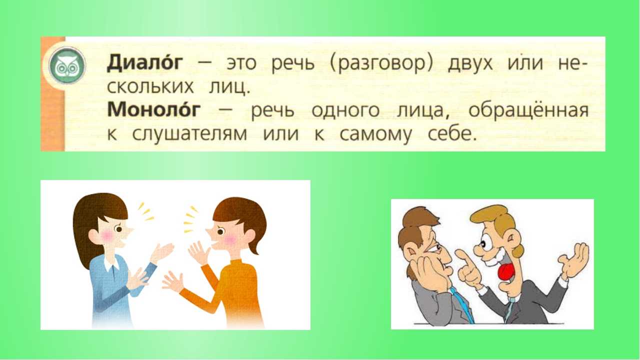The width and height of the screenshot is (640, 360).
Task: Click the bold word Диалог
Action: [x=144, y=62]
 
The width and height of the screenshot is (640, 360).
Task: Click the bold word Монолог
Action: [x=153, y=109]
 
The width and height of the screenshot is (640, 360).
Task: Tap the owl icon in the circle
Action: [x=67, y=65]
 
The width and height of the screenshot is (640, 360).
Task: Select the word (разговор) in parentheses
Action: [x=381, y=64]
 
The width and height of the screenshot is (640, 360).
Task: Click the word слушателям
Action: [x=189, y=134]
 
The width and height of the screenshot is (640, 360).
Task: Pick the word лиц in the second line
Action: [x=229, y=87]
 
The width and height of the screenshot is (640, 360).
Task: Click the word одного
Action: [x=345, y=110]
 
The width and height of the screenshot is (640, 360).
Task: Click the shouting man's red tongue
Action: [x=506, y=272]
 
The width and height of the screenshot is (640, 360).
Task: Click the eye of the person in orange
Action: [x=220, y=231]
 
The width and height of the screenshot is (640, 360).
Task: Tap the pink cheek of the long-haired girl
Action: [x=107, y=235]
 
